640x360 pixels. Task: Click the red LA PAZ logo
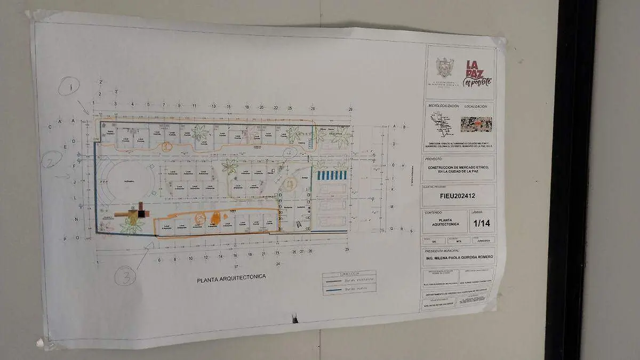pyautogui.click(x=476, y=73)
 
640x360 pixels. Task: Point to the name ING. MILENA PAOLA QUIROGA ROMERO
pyautogui.click(x=458, y=257)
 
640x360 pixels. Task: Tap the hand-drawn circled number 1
pyautogui.click(x=69, y=85)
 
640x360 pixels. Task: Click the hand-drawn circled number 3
pyautogui.click(x=126, y=276)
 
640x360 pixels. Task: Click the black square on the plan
pyautogui.click(x=141, y=213)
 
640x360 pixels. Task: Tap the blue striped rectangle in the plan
pyautogui.click(x=332, y=175)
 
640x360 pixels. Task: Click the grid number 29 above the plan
pyautogui.click(x=350, y=109)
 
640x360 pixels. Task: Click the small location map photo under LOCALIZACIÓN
pyautogui.click(x=476, y=124)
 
